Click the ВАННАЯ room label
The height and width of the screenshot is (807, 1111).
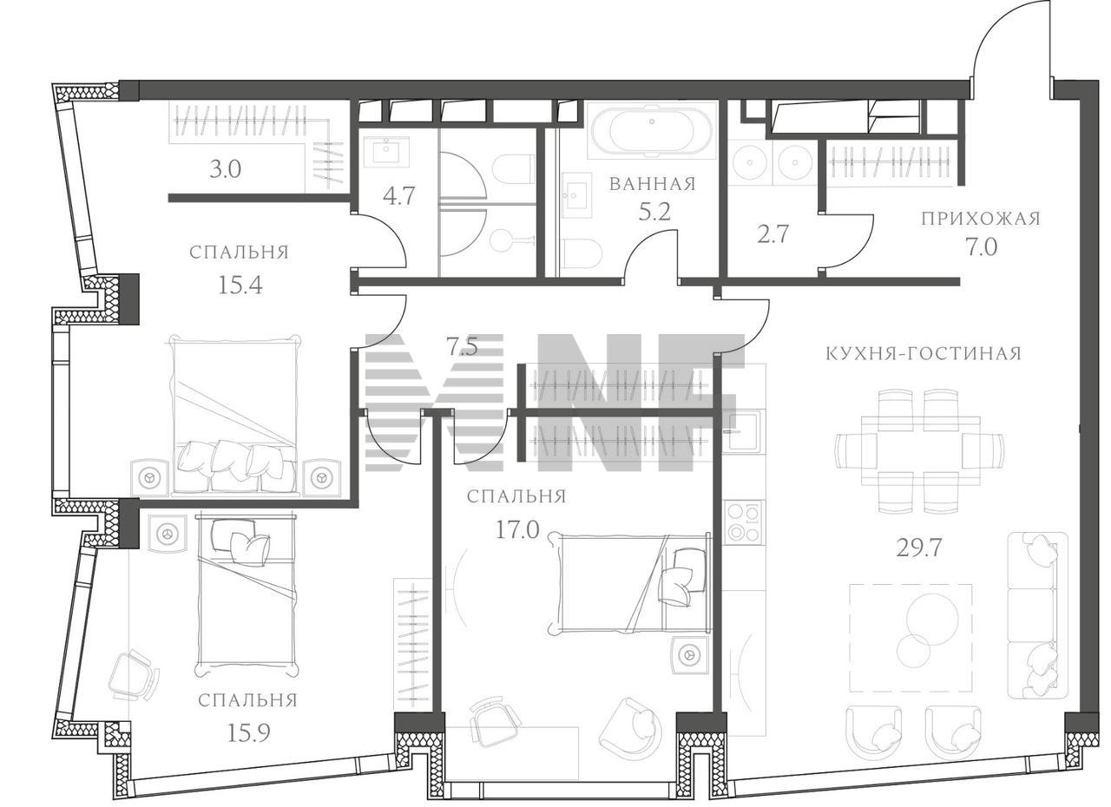[653, 185]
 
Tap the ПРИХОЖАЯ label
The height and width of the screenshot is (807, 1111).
[981, 219]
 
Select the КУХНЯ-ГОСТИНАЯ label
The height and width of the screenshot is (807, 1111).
[924, 354]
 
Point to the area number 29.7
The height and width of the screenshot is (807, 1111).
[918, 548]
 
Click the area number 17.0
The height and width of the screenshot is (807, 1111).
[517, 530]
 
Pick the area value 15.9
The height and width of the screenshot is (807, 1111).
[248, 732]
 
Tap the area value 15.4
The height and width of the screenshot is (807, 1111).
[240, 285]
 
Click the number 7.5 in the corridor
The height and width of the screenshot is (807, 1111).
[462, 348]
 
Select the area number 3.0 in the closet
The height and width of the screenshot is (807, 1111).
[225, 169]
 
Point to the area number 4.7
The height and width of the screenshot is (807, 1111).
[398, 196]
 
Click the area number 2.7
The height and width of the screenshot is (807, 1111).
[772, 234]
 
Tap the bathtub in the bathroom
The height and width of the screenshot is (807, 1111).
[652, 130]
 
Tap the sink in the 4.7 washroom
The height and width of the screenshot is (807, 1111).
[386, 151]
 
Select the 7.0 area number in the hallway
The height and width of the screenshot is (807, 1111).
[981, 246]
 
